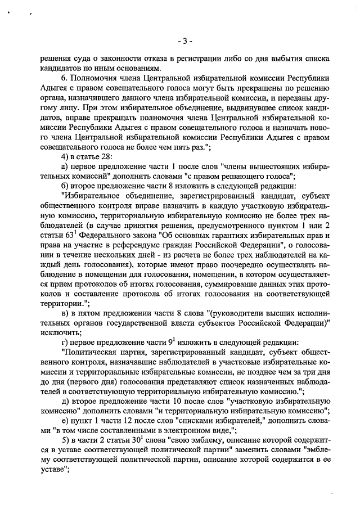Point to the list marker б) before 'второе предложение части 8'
coord(65,186)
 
